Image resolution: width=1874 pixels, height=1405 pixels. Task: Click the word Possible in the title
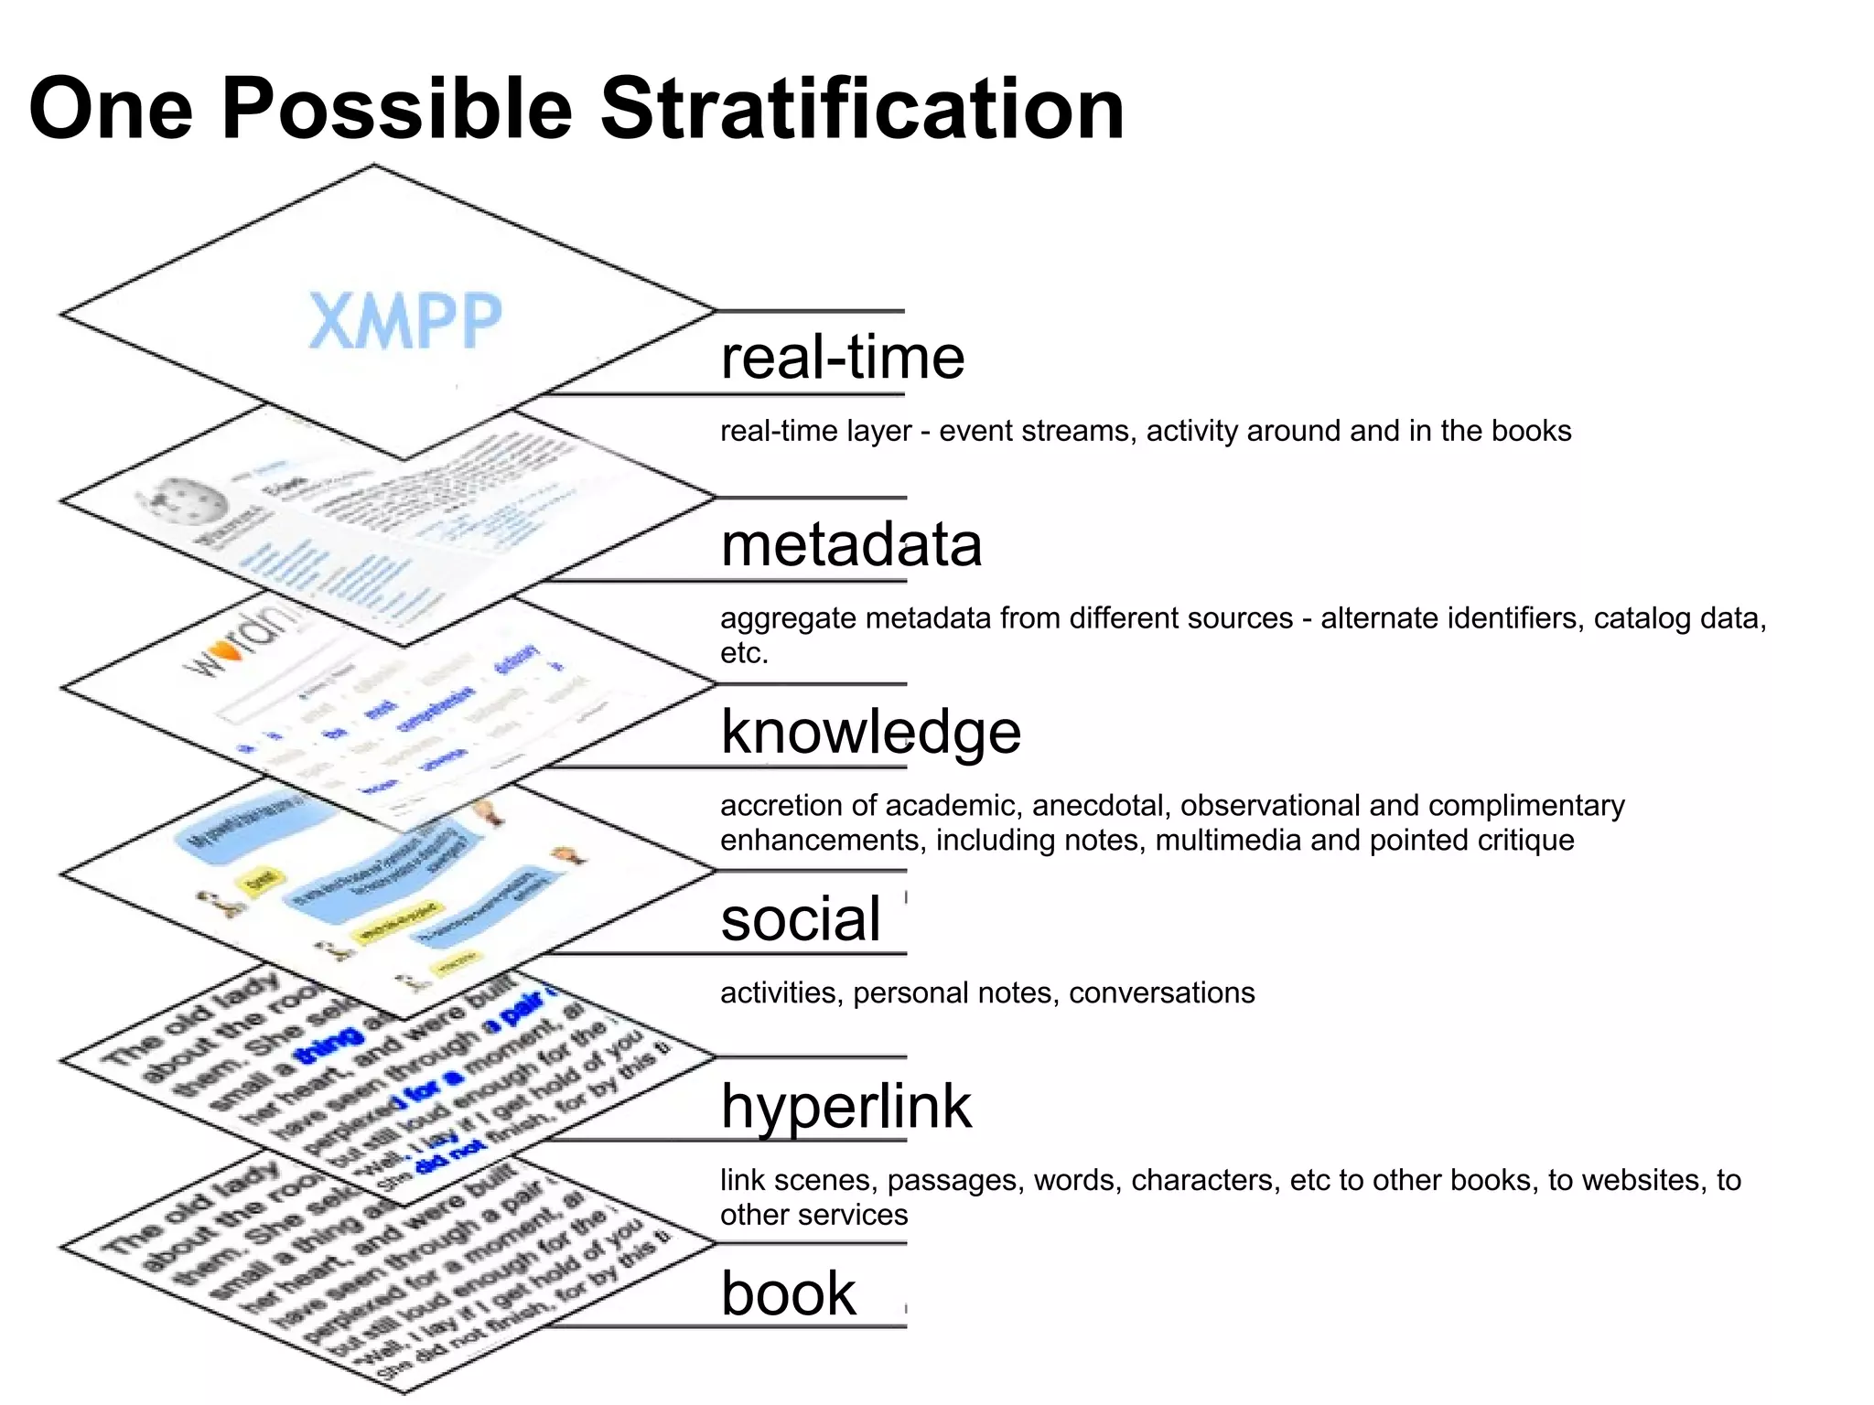click(x=397, y=109)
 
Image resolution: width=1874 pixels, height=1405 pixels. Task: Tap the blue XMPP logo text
click(x=405, y=321)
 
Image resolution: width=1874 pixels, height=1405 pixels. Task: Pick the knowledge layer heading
click(x=870, y=732)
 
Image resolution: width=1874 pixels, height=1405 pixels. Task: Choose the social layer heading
click(x=801, y=919)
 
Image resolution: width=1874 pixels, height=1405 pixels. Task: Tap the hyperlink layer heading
click(x=845, y=1107)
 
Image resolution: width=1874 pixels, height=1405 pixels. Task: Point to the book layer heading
click(x=789, y=1293)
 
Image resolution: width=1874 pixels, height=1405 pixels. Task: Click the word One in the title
click(x=111, y=109)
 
